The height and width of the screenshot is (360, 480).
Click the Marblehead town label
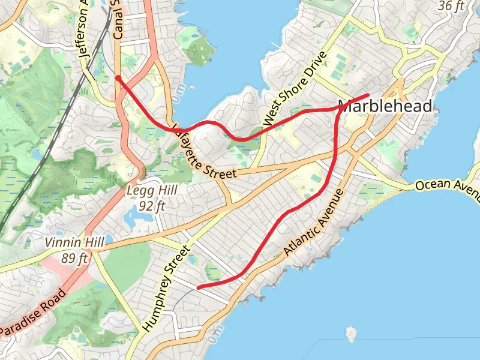385,107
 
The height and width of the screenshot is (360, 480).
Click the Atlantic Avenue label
314,223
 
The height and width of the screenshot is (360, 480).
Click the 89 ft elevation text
75,259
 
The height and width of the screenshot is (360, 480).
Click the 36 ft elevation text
452,6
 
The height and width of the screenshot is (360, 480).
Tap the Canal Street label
117,21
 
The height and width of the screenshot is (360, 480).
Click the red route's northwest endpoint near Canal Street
118,77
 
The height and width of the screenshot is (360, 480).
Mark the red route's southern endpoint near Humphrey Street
198,287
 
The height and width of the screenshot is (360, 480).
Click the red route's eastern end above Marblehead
367,95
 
